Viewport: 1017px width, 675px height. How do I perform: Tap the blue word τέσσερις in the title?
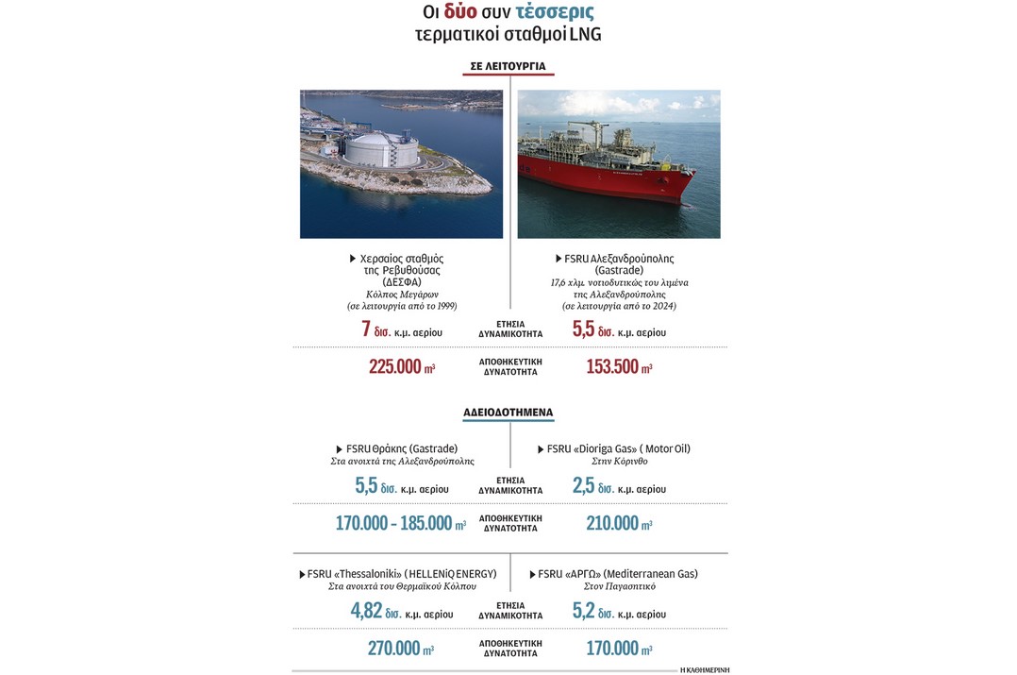coord(555,12)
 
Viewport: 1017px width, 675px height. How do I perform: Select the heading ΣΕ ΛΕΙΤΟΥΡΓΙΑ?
coord(508,66)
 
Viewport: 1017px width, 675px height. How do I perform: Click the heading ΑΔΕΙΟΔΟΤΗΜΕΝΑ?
coord(508,413)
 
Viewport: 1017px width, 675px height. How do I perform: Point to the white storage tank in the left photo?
coord(380,150)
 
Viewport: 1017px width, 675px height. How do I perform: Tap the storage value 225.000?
coord(394,367)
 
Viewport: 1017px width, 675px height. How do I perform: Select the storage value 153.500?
coord(612,367)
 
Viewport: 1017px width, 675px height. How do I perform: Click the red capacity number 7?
coord(366,329)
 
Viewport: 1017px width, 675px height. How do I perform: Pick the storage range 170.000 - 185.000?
coord(393,523)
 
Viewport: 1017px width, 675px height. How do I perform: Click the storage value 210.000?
coord(612,523)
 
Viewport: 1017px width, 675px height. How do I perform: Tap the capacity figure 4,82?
coord(366,612)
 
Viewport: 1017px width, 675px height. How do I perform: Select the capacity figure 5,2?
coord(584,612)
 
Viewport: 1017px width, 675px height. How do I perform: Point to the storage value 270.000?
coord(393,649)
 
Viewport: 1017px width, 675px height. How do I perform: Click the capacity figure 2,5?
coord(584,487)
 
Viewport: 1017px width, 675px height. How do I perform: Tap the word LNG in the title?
coord(585,35)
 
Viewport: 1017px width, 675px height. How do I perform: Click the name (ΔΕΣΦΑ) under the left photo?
coord(401,282)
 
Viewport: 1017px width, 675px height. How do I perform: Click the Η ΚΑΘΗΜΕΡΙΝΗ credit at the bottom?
coord(704,669)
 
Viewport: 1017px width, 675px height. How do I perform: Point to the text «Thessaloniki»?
coord(370,574)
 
